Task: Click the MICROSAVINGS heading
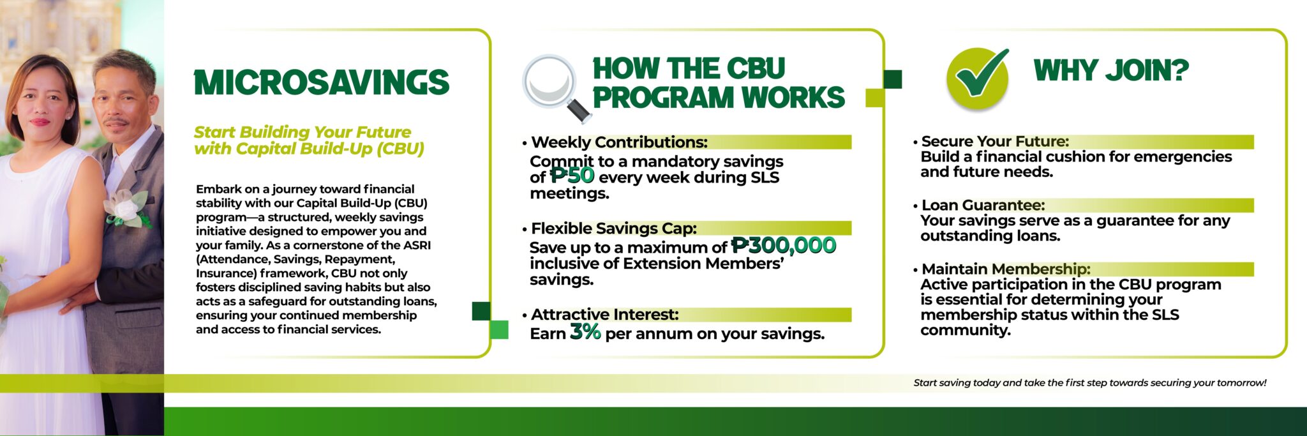[x=322, y=83]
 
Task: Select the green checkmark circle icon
[x=978, y=79]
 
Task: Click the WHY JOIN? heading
[x=1111, y=70]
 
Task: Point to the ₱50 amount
[x=572, y=175]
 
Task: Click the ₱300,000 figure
[x=784, y=245]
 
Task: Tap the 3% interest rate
[x=585, y=331]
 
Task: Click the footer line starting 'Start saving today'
[x=1090, y=383]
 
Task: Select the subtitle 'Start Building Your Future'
[x=302, y=132]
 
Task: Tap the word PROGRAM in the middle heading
[x=663, y=98]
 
